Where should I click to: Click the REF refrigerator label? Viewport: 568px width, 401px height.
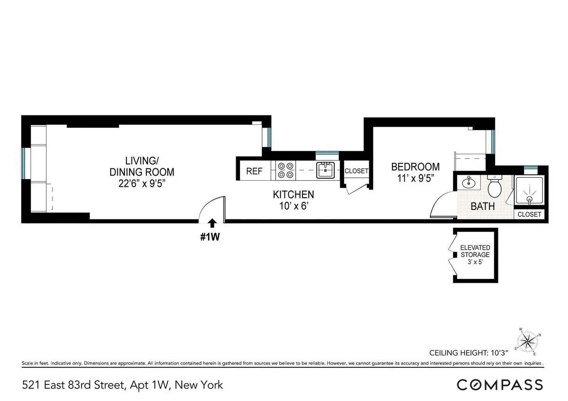[254, 171]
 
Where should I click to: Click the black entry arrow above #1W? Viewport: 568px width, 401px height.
[212, 223]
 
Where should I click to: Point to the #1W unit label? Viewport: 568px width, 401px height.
[210, 237]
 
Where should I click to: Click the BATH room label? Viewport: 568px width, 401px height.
[482, 206]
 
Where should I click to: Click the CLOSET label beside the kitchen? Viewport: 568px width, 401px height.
[356, 171]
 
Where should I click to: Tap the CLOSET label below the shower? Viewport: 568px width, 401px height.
[529, 215]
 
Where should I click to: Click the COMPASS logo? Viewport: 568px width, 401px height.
[499, 384]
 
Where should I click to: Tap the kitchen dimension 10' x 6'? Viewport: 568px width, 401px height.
[293, 206]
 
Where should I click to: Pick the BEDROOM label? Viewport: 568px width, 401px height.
[415, 167]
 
